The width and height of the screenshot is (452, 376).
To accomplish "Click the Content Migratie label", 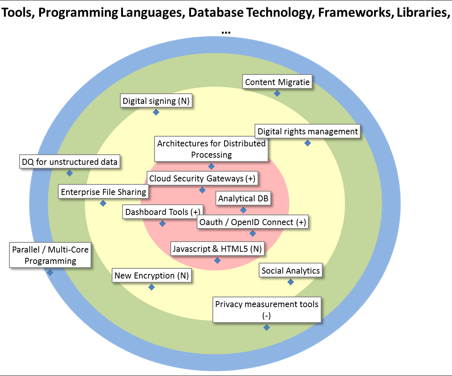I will pyautogui.click(x=277, y=82).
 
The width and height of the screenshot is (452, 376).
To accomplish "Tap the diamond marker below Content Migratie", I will pyautogui.click(x=277, y=93).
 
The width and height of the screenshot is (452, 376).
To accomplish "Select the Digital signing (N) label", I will pyautogui.click(x=156, y=101).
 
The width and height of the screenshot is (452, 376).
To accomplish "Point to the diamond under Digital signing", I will pyautogui.click(x=156, y=112).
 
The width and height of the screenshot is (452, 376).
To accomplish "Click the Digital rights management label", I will pyautogui.click(x=308, y=132).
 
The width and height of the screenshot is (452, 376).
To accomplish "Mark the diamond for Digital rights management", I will pyautogui.click(x=308, y=143).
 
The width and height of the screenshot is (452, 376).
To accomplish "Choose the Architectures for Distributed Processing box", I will pyautogui.click(x=211, y=149).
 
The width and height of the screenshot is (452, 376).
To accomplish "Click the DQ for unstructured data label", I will pyautogui.click(x=70, y=162).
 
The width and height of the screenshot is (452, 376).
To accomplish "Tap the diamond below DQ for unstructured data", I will pyautogui.click(x=70, y=173).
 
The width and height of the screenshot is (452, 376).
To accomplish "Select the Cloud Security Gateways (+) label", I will pyautogui.click(x=202, y=178).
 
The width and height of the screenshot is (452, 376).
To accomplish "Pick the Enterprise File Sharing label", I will pyautogui.click(x=103, y=192).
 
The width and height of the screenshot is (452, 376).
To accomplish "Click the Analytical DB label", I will pyautogui.click(x=243, y=198).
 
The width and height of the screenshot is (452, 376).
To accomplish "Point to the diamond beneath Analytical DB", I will pyautogui.click(x=243, y=210).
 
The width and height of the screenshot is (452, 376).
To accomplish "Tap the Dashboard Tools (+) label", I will pyautogui.click(x=162, y=212).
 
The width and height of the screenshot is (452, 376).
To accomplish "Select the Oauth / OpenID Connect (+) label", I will pyautogui.click(x=253, y=222).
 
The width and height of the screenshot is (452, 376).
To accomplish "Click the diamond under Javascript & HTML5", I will pyautogui.click(x=217, y=260).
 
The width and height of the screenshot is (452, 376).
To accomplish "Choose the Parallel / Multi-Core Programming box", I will pyautogui.click(x=50, y=255).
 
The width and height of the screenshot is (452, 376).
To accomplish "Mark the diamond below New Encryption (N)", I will pyautogui.click(x=152, y=287).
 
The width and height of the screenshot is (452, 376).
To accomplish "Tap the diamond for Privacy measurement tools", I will pyautogui.click(x=267, y=327).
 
